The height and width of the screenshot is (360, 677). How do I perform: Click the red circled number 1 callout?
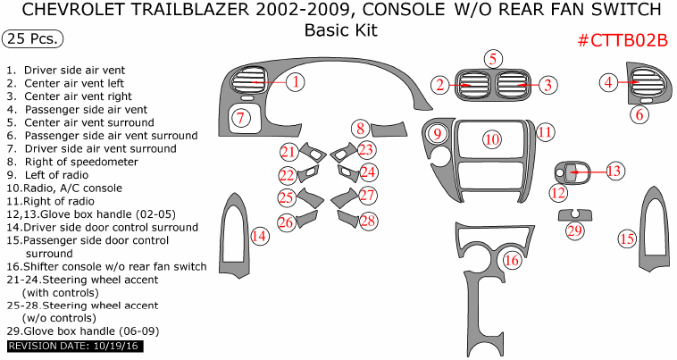pyautogui.click(x=296, y=82)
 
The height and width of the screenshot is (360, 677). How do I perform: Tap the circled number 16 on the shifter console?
pyautogui.click(x=511, y=260)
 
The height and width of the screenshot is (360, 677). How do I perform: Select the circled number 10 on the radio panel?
pyautogui.click(x=492, y=138)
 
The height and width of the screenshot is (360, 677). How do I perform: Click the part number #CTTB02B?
pyautogui.click(x=623, y=41)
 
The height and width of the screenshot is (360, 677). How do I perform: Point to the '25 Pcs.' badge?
pyautogui.click(x=33, y=38)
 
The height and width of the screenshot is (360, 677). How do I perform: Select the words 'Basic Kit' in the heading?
pyautogui.click(x=340, y=29)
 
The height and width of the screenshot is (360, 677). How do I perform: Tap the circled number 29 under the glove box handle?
pyautogui.click(x=574, y=231)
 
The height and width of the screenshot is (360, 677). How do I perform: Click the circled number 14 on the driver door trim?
pyautogui.click(x=259, y=236)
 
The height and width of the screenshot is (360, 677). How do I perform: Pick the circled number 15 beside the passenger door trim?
pyautogui.click(x=627, y=239)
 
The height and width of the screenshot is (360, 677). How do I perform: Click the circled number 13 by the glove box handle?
pyautogui.click(x=614, y=171)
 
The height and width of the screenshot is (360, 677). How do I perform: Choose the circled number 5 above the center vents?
pyautogui.click(x=492, y=59)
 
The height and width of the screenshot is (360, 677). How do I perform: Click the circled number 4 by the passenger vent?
pyautogui.click(x=608, y=82)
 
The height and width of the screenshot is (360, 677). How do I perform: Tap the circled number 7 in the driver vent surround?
pyautogui.click(x=239, y=117)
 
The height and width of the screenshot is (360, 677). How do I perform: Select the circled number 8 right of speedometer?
pyautogui.click(x=359, y=128)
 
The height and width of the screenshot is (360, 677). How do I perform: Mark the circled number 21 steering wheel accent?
pyautogui.click(x=288, y=151)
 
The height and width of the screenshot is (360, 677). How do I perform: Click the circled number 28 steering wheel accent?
pyautogui.click(x=368, y=220)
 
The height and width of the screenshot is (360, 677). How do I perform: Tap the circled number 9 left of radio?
pyautogui.click(x=438, y=134)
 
